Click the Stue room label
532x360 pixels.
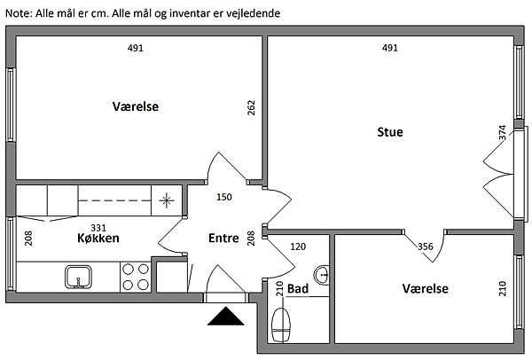390,132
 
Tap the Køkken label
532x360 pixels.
98,238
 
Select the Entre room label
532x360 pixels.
223,238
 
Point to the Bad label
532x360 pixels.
298,289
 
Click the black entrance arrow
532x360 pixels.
225,317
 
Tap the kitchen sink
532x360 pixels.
78,277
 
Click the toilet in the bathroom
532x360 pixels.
281,325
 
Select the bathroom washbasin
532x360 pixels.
321,275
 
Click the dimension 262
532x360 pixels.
251,107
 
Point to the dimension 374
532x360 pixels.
503,132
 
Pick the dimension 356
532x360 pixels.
426,247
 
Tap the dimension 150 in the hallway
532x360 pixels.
224,197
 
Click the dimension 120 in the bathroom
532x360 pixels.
298,247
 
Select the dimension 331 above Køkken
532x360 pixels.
98,228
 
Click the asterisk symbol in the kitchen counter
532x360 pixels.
167,200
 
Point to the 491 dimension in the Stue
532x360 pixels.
390,48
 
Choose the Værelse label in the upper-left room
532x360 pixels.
136,106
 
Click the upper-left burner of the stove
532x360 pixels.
128,270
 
